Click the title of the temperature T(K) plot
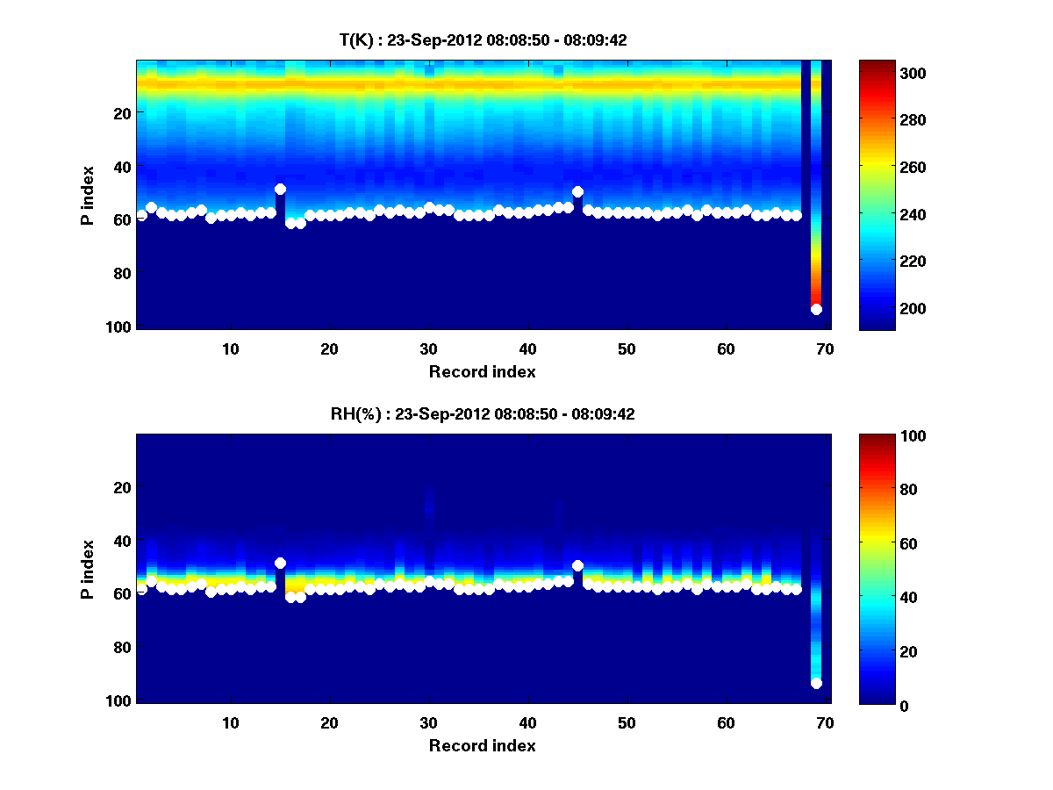(x=483, y=39)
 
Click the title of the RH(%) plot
(x=483, y=414)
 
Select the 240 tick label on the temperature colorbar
(x=882, y=214)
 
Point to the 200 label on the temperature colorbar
(x=882, y=309)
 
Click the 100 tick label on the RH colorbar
(x=882, y=436)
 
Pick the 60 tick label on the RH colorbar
(x=878, y=544)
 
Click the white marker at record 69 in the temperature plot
(x=816, y=309)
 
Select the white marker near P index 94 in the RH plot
(x=816, y=684)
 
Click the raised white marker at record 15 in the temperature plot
(x=280, y=189)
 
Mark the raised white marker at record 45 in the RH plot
(x=577, y=566)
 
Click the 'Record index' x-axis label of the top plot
(x=483, y=372)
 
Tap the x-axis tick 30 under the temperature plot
(x=428, y=348)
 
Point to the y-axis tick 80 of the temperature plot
(x=121, y=273)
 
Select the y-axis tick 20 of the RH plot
(x=121, y=487)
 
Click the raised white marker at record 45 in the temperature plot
(x=577, y=191)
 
